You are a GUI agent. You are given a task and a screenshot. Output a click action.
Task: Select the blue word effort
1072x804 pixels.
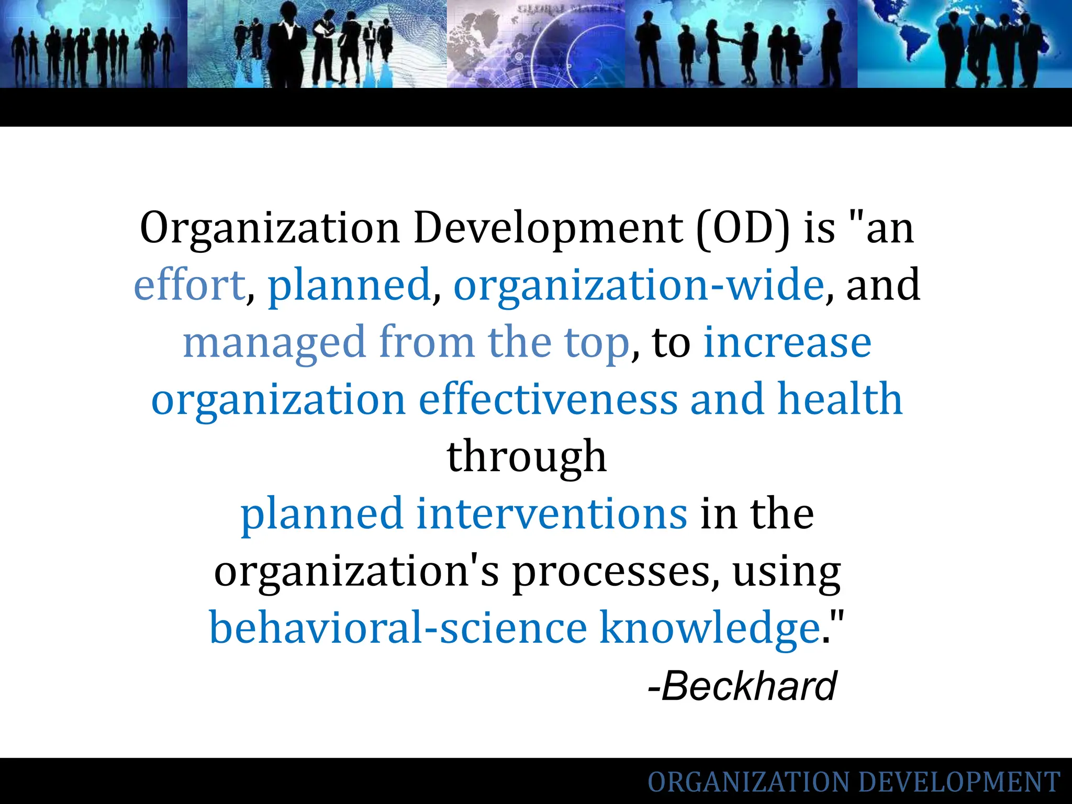(189, 285)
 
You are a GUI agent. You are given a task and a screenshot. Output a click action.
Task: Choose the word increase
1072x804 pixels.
(787, 343)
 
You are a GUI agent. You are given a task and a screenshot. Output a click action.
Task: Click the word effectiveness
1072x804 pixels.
(548, 399)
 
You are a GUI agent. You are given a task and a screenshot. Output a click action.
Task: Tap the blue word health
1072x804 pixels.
(840, 399)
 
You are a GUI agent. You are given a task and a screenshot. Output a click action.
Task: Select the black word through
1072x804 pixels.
(527, 457)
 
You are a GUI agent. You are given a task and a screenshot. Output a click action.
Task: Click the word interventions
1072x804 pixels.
(552, 513)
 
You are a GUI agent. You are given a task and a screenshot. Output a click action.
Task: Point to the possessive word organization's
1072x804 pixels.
(356, 572)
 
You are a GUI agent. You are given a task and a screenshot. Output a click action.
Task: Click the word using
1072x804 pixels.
(786, 572)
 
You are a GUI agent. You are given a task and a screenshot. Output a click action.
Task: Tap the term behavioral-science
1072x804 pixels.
(398, 628)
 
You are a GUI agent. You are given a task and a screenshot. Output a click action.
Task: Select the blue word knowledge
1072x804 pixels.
(710, 628)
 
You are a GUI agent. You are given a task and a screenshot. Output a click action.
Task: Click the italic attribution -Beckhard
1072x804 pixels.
(742, 686)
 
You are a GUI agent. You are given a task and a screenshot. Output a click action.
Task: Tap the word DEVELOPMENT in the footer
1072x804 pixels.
(959, 783)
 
